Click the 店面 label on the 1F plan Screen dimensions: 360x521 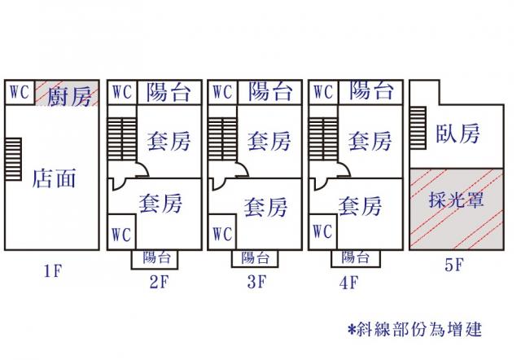coord(54,178)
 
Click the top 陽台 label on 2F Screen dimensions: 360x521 coord(169,92)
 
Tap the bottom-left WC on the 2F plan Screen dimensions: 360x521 coord(121,235)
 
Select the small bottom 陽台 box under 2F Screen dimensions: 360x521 coord(157,258)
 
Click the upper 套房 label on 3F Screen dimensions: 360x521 coord(269,141)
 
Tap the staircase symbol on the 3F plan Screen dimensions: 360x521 coord(217,139)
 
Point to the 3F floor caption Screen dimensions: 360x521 coord(257,283)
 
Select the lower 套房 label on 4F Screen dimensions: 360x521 coord(360,204)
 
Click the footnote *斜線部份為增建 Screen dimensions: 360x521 coord(414,329)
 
